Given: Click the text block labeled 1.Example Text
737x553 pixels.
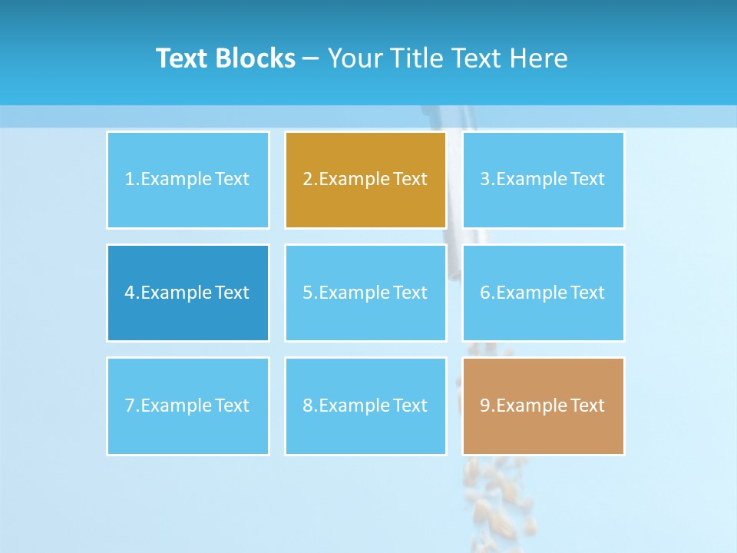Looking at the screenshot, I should [x=187, y=180].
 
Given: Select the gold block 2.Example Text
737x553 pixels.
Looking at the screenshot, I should [x=365, y=180].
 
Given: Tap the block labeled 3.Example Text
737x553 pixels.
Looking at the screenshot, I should [x=543, y=180].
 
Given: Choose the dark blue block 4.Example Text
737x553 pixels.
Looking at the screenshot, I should [x=187, y=293].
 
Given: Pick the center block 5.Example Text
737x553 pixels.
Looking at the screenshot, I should [x=365, y=293].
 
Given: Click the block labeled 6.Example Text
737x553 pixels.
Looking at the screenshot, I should [x=543, y=293].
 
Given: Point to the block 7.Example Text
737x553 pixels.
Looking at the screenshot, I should [x=187, y=406].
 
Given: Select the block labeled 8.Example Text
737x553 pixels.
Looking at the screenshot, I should [x=365, y=406].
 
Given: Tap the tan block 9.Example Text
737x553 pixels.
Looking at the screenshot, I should [x=543, y=406].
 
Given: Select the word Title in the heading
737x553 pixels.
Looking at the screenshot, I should [x=416, y=58].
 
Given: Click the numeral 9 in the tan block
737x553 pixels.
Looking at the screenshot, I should [x=485, y=406].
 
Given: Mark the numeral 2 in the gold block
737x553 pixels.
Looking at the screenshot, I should [x=307, y=180].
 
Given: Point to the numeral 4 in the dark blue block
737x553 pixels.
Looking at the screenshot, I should [x=130, y=293].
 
